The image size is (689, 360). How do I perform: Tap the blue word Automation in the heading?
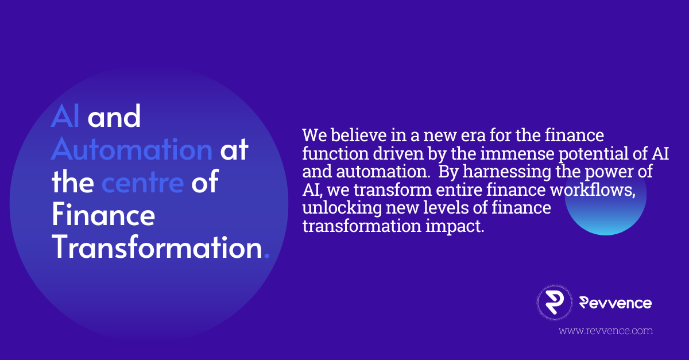point(131,150)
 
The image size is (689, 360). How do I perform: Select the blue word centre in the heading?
point(142,183)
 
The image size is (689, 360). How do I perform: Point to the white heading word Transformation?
point(157,249)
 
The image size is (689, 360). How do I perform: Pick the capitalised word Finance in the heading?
point(103,216)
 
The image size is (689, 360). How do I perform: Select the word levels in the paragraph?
point(430,208)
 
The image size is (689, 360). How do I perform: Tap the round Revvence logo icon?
point(554,303)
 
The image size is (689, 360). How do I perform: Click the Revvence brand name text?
point(615,303)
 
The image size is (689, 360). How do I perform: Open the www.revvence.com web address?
point(606,331)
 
